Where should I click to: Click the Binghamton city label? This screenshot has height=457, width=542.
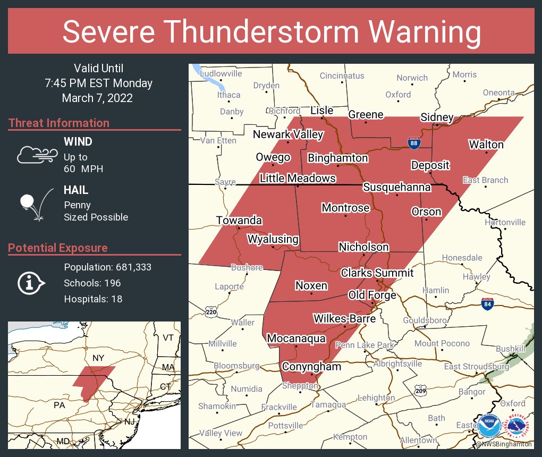(x=337, y=158)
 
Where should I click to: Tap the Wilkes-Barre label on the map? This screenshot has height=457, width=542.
(x=344, y=319)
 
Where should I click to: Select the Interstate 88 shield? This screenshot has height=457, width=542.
(x=414, y=142)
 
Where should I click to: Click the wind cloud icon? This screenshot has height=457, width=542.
(x=36, y=155)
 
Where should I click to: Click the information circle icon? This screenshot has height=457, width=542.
(x=29, y=283)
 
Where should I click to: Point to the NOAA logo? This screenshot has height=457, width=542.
(x=489, y=426)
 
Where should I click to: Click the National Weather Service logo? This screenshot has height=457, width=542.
(x=518, y=426)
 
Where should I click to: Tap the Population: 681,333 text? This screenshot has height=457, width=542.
(x=107, y=267)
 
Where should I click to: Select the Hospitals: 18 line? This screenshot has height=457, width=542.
(x=93, y=299)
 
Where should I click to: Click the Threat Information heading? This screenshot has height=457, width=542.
(x=59, y=123)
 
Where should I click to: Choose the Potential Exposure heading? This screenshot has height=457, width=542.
(x=58, y=248)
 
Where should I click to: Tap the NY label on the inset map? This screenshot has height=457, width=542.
(x=98, y=358)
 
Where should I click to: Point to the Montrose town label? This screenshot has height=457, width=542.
(x=345, y=208)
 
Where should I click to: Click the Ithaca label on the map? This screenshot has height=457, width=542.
(x=229, y=95)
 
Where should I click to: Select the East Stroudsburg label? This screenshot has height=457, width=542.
(x=477, y=367)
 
